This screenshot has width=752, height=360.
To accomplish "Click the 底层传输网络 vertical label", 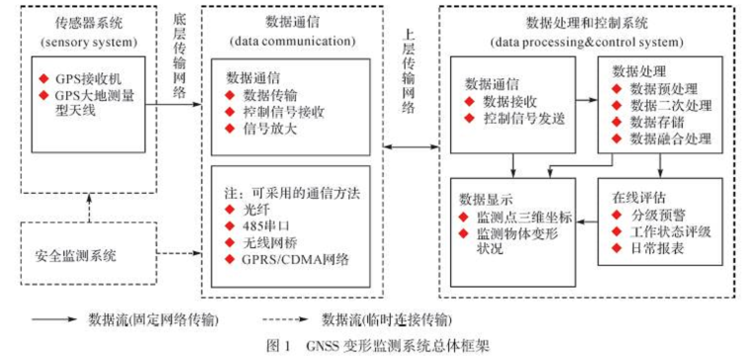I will (x=181, y=56).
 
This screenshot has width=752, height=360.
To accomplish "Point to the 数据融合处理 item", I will (x=670, y=139).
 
